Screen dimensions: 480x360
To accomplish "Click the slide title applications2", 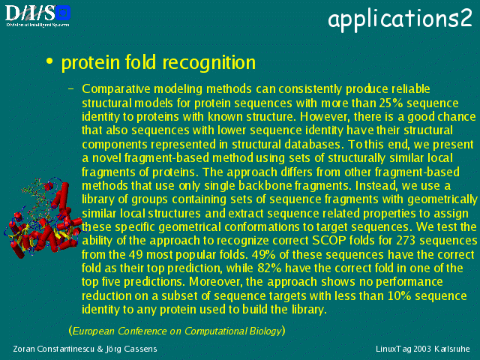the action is click(x=400, y=19).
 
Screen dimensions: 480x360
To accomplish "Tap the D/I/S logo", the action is click(x=37, y=16).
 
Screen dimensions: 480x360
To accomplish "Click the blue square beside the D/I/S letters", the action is click(x=63, y=13).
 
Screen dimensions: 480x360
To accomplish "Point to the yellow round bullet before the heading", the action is click(x=49, y=60).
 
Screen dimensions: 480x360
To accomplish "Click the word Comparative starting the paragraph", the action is click(x=116, y=89).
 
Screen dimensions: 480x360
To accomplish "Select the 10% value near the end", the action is click(x=400, y=295).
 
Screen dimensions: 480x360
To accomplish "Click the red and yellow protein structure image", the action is click(x=43, y=218).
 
